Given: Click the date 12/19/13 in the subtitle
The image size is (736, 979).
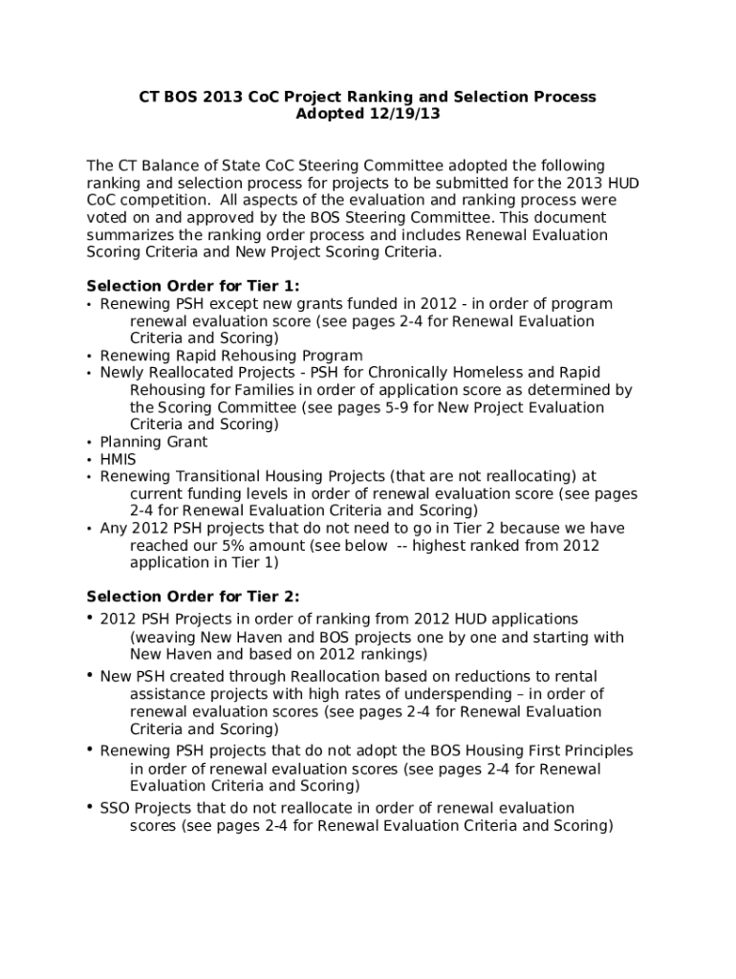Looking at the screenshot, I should click(406, 114).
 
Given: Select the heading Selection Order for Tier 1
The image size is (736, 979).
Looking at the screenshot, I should click(192, 286).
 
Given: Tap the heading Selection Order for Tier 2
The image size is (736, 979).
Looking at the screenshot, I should click(192, 598).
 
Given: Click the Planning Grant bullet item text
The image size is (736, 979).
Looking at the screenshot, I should click(154, 442).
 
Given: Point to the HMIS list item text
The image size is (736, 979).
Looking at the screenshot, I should click(119, 459).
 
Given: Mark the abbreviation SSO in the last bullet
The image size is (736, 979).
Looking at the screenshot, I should click(117, 808).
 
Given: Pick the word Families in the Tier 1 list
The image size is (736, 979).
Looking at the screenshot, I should click(254, 390).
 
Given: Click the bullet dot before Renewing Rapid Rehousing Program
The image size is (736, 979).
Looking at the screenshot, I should click(90, 356).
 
